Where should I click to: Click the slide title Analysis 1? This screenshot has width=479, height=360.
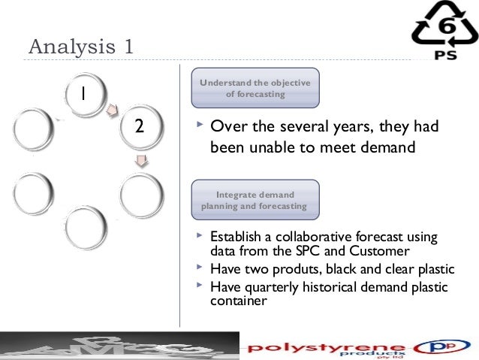coord(81,46)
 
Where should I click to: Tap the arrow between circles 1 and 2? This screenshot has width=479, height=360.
coord(112,110)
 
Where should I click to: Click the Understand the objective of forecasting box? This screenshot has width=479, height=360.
coord(256,88)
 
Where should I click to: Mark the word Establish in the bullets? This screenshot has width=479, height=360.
coord(236,236)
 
